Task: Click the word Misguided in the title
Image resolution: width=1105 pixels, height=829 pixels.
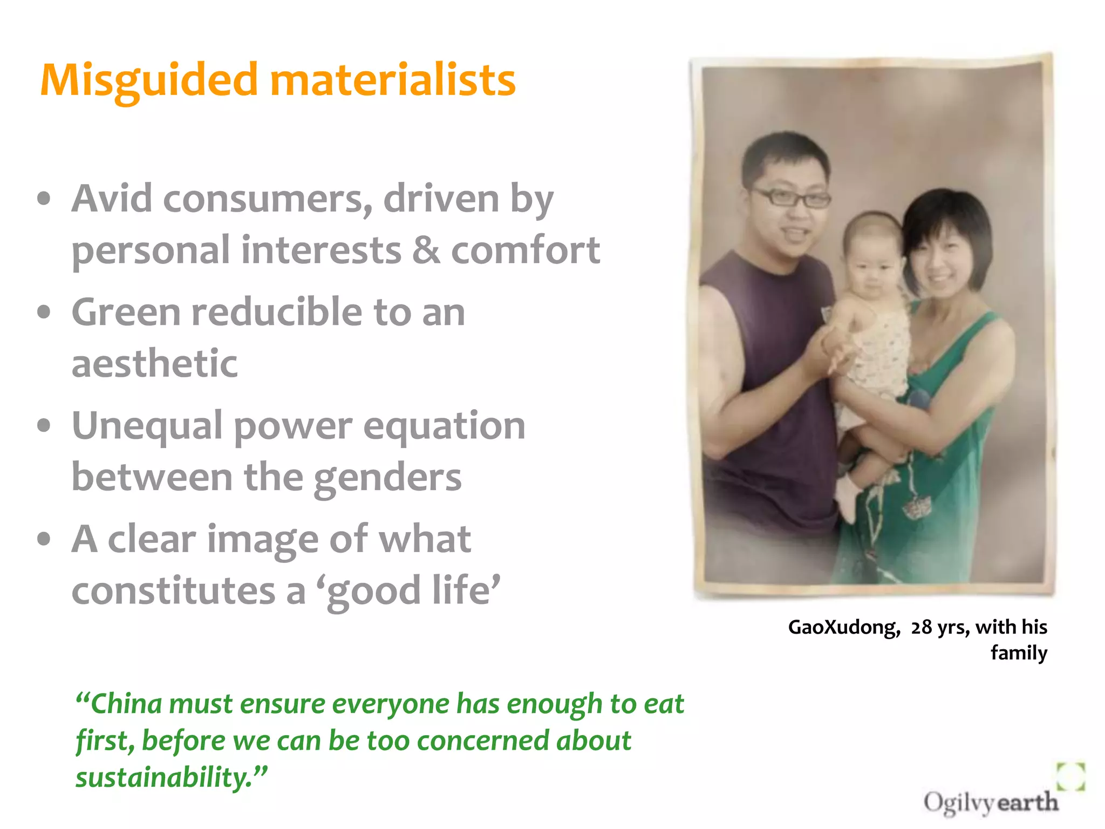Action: (x=149, y=81)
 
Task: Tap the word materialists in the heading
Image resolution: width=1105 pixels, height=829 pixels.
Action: (x=392, y=80)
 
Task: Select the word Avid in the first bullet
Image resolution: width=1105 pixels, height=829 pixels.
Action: (x=112, y=199)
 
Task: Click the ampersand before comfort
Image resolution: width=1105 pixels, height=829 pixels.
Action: (x=426, y=250)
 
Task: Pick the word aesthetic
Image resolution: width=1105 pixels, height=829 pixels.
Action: (x=154, y=363)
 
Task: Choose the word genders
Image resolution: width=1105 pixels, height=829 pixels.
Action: (x=387, y=478)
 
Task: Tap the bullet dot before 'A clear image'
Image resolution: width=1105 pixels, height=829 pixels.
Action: (x=44, y=539)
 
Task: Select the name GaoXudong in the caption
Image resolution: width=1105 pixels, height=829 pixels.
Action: (x=844, y=627)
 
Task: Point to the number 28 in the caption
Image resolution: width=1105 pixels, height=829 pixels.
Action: (x=922, y=627)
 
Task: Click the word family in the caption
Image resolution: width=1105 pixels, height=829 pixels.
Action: (x=1019, y=653)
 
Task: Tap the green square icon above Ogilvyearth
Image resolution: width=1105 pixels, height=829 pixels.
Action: (x=1070, y=776)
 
